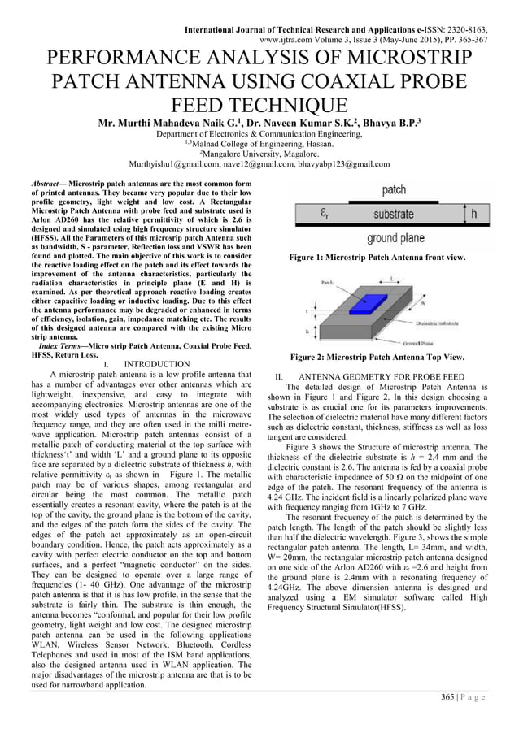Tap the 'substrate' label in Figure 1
click(x=391, y=215)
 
